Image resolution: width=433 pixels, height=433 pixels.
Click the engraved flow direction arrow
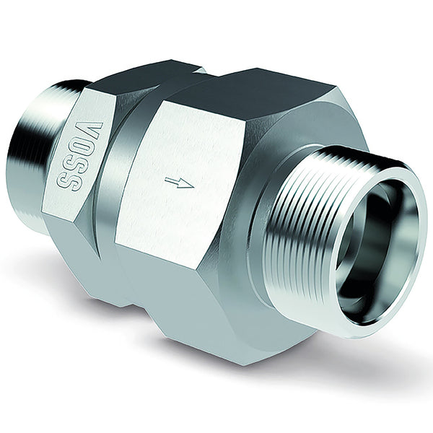179,183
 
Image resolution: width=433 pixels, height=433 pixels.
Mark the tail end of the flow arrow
166,181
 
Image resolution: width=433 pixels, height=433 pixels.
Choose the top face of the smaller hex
137,76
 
